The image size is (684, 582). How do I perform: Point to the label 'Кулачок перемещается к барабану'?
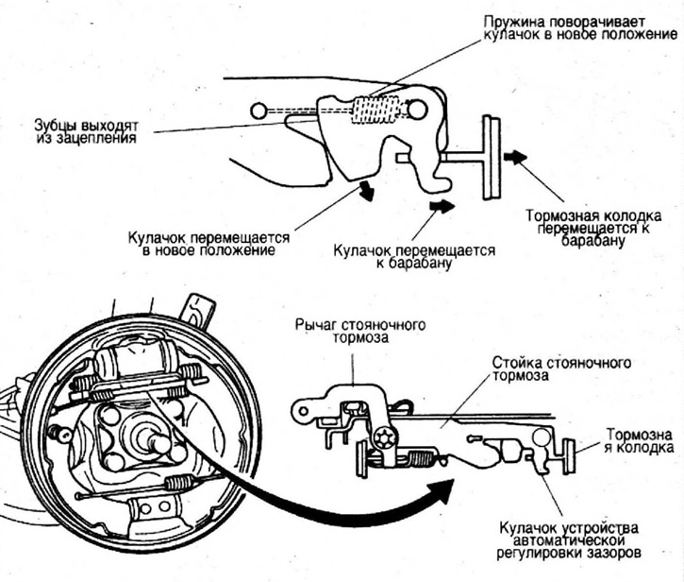tap(415, 257)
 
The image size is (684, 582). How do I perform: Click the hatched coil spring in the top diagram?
tap(375, 111)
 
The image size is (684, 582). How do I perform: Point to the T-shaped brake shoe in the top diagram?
tap(491, 157)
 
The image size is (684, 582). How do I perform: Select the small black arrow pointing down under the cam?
tap(364, 192)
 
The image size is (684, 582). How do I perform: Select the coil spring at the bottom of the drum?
tap(178, 483)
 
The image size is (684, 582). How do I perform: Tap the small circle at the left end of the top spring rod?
tap(259, 111)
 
